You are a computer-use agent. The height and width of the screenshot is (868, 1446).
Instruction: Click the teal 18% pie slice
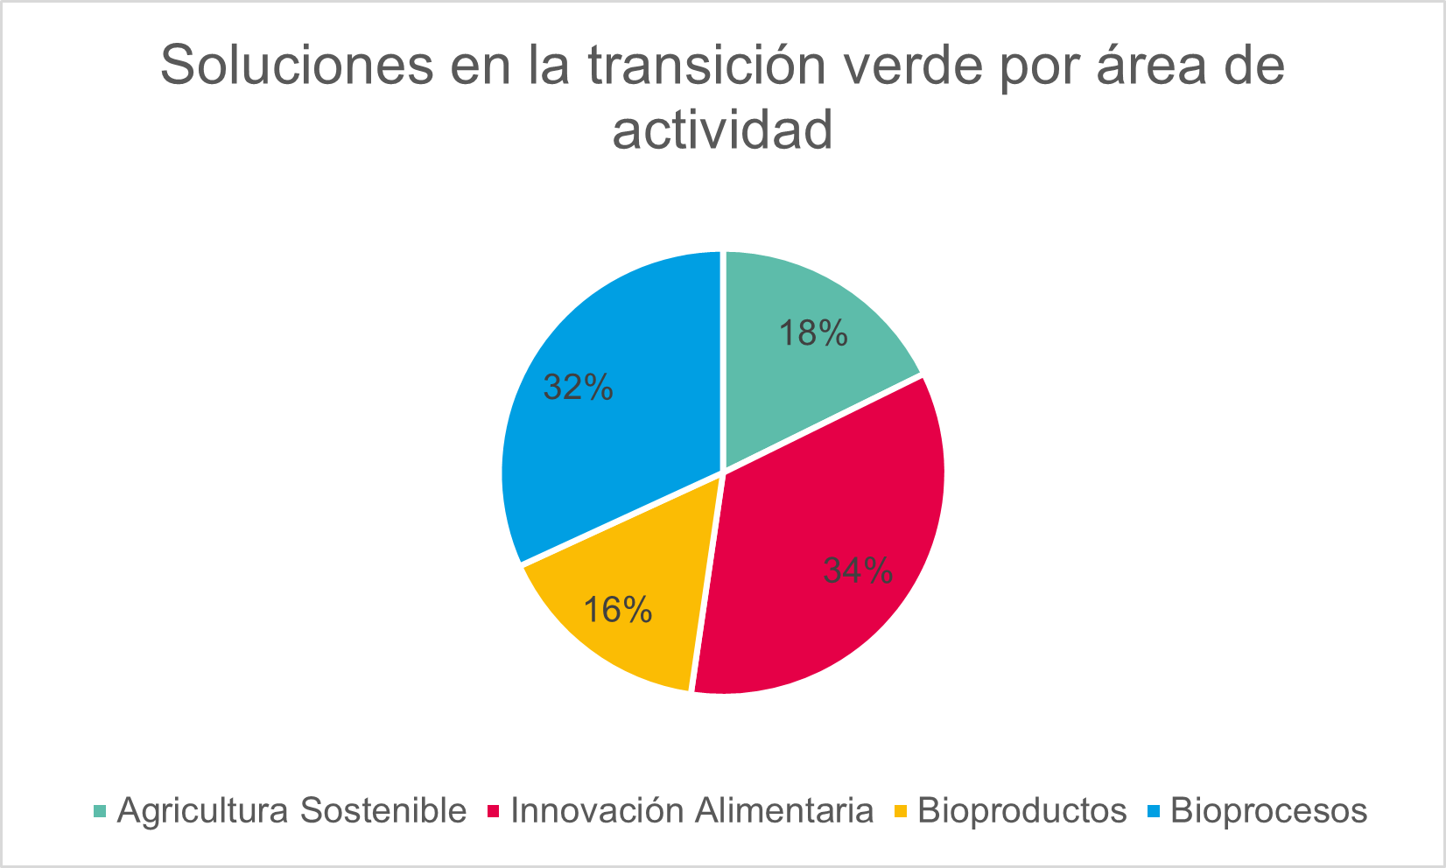[x=800, y=361]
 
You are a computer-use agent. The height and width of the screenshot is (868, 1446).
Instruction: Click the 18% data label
[x=813, y=333]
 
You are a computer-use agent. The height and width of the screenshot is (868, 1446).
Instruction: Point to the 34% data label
[x=858, y=570]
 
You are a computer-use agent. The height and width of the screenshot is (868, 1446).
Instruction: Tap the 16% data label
[x=618, y=609]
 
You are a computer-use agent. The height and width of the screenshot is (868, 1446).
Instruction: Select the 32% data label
[x=579, y=388]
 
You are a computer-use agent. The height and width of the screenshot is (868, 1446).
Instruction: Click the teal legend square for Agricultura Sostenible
[x=100, y=811]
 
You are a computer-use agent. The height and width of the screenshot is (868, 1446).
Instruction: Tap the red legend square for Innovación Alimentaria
[x=493, y=811]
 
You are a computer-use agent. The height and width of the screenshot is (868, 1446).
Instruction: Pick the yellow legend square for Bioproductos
[x=901, y=811]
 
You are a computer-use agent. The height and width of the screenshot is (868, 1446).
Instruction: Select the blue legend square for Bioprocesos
[x=1154, y=811]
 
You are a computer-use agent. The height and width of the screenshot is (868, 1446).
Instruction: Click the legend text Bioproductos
[x=1021, y=811]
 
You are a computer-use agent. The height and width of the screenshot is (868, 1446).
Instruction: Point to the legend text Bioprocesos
[x=1268, y=811]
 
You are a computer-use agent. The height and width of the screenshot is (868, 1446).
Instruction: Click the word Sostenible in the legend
[x=383, y=810]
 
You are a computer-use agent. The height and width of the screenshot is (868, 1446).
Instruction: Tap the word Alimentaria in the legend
[x=783, y=810]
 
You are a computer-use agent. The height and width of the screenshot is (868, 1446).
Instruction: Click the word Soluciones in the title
[x=297, y=65]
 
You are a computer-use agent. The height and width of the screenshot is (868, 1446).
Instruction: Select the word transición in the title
[x=707, y=64]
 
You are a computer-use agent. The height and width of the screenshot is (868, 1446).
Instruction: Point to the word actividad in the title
[x=722, y=129]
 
